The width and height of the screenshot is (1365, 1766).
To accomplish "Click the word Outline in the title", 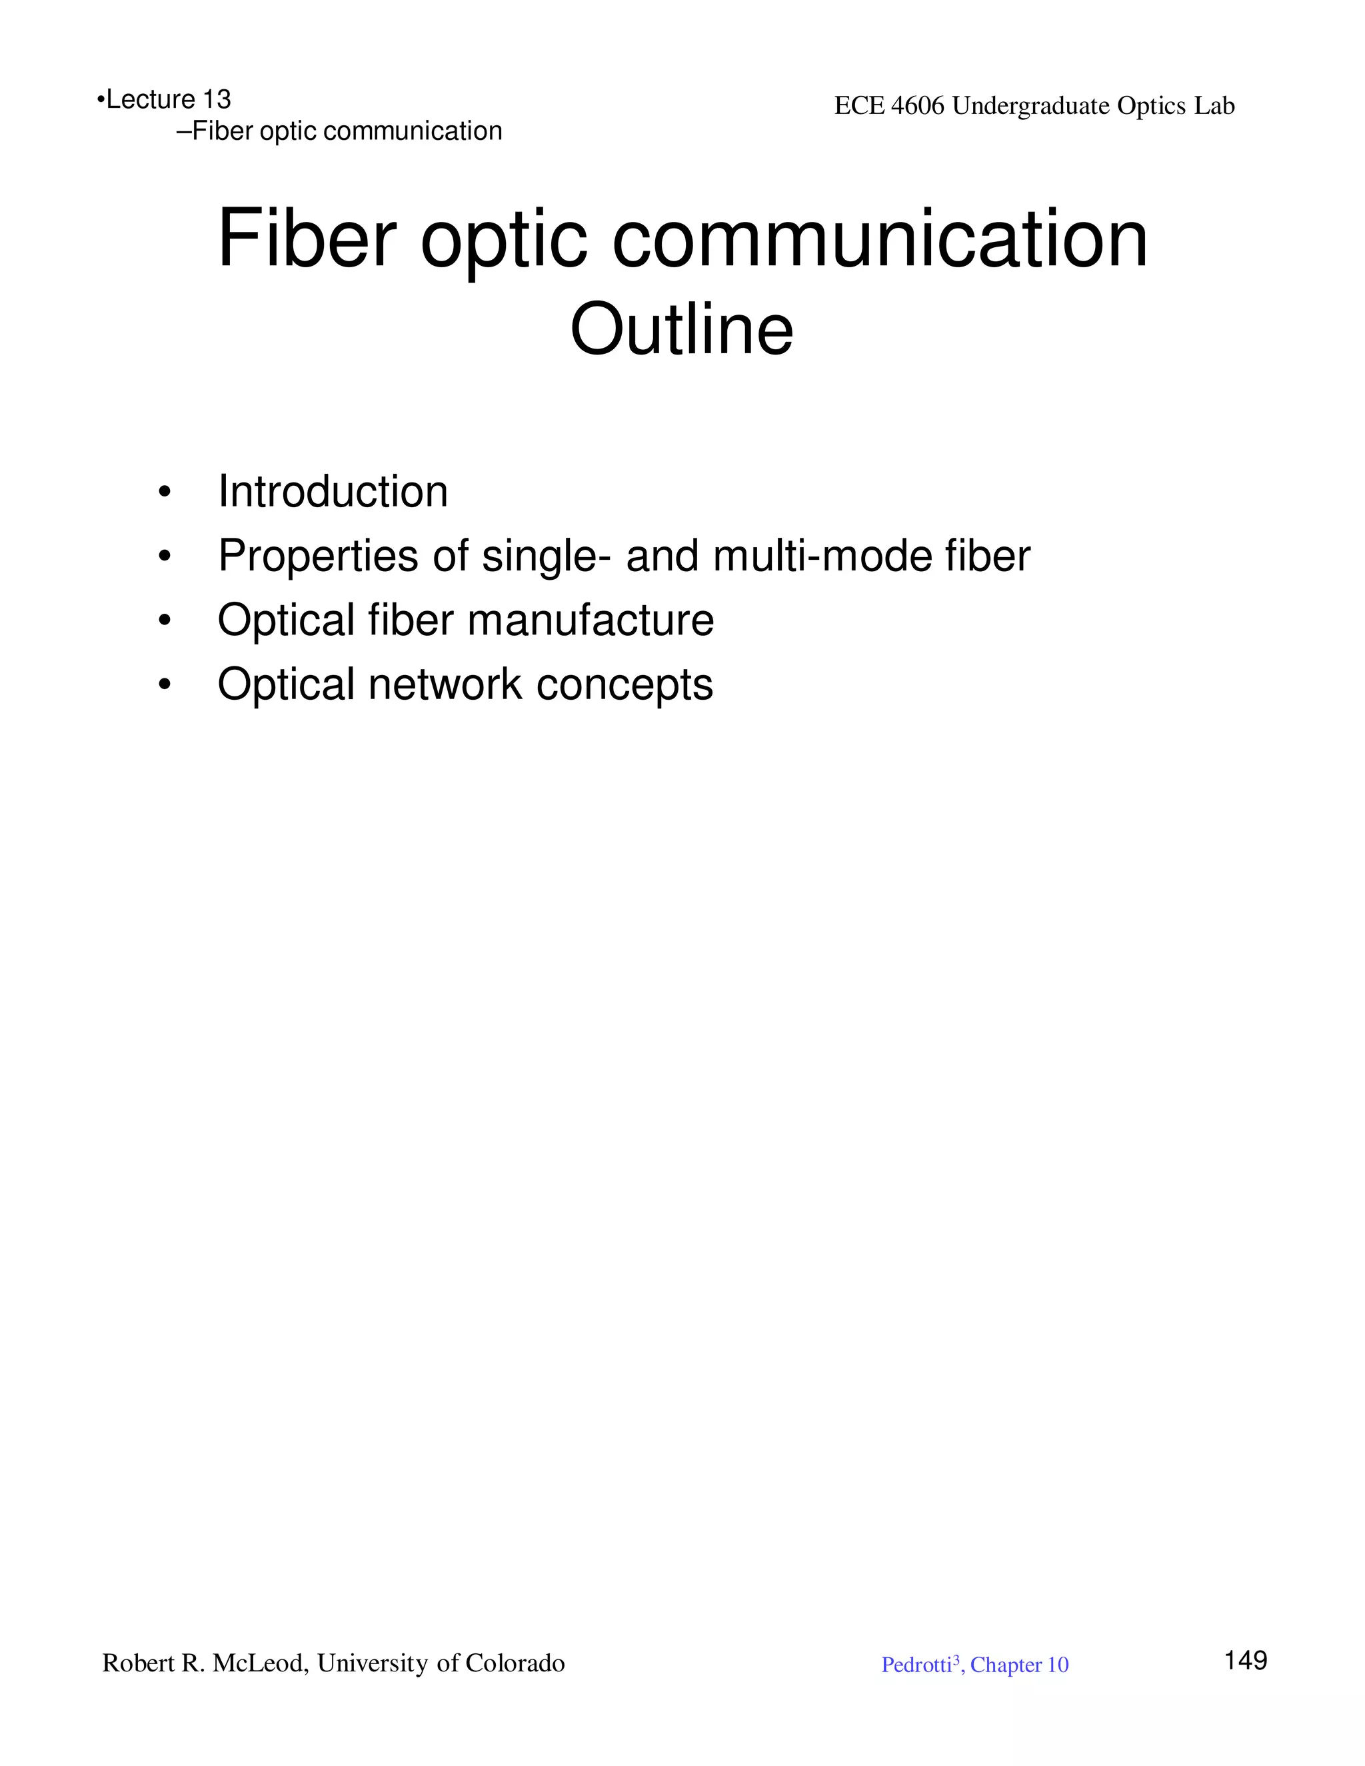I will pos(682,329).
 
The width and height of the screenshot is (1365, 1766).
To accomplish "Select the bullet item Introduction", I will pos(333,492).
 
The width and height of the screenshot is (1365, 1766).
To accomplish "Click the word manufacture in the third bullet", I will pos(591,620).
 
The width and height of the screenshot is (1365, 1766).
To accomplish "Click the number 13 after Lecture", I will pos(217,99).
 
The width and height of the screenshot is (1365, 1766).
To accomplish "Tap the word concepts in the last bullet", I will pos(625,686).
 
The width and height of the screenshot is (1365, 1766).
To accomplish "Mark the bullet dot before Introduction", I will pos(165,492).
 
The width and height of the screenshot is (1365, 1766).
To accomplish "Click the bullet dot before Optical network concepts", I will pos(165,685).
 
